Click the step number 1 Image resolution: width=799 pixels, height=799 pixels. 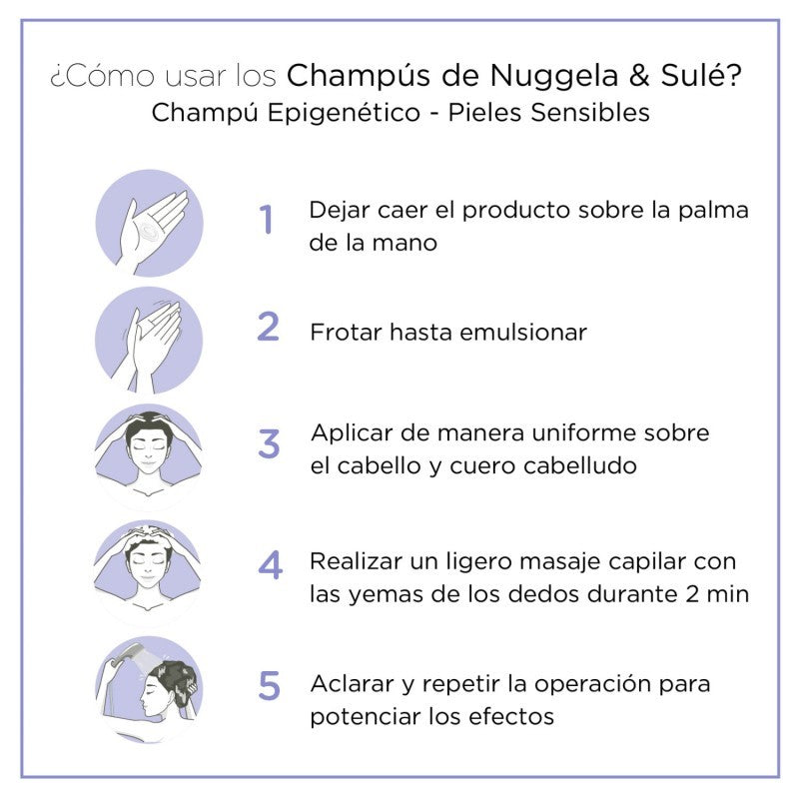pyautogui.click(x=266, y=220)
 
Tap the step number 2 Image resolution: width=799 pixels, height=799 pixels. pyautogui.click(x=268, y=327)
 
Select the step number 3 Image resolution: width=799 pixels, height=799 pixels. pyautogui.click(x=269, y=444)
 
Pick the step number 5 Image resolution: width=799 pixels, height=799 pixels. pyautogui.click(x=269, y=685)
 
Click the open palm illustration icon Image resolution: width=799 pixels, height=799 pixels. pyautogui.click(x=149, y=222)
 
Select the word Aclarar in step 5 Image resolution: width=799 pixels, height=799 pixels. pyautogui.click(x=349, y=685)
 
